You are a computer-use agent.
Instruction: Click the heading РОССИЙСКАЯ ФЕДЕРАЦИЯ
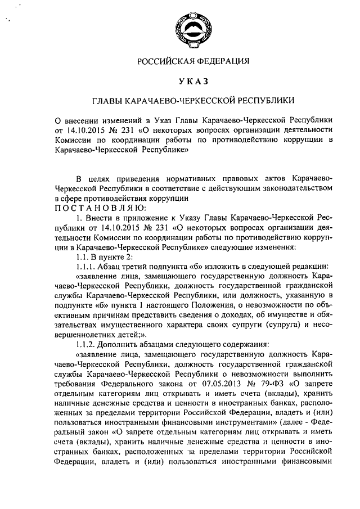click(193, 61)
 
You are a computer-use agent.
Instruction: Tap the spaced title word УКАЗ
click(193, 81)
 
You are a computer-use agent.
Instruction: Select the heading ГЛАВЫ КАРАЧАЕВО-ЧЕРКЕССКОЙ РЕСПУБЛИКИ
click(193, 101)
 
